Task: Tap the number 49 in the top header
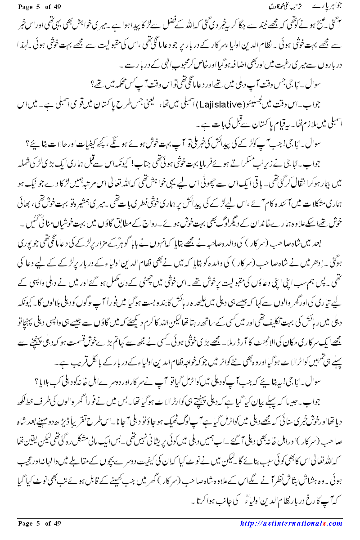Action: coord(56,6)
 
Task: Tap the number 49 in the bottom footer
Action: coord(56,523)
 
